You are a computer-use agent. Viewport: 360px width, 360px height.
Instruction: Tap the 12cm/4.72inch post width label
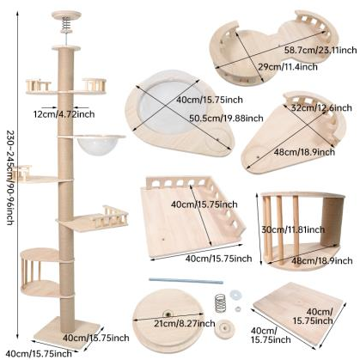tap(64, 114)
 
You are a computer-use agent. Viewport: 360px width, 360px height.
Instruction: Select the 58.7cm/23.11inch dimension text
tap(320, 50)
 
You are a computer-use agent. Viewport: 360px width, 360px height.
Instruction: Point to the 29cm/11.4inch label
tap(288, 67)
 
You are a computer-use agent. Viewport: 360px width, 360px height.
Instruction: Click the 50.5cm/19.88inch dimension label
tap(226, 118)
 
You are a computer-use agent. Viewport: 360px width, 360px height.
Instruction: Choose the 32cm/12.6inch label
tap(321, 108)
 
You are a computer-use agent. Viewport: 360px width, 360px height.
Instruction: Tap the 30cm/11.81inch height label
tap(293, 229)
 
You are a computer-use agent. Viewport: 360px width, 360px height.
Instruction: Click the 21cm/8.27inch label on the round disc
tap(185, 324)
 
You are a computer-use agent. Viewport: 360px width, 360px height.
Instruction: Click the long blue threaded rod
tap(186, 281)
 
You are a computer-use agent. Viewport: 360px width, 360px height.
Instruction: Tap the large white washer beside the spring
tap(235, 294)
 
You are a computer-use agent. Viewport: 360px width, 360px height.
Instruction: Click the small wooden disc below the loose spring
tap(224, 329)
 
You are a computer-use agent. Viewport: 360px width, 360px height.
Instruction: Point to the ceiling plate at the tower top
tap(66, 15)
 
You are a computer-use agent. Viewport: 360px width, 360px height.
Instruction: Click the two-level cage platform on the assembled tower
tap(40, 272)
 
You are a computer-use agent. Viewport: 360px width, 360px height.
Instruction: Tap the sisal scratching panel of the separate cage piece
tap(332, 221)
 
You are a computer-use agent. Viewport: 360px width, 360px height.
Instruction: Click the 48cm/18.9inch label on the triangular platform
tap(304, 152)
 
